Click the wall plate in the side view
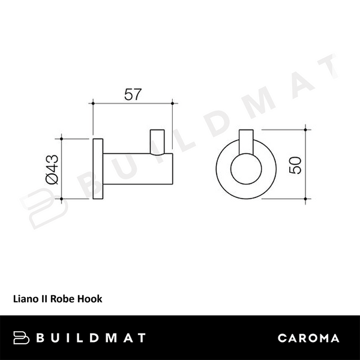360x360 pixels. pos(97,170)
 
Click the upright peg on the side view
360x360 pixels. pos(157,142)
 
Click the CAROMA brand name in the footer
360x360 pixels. pos(308,338)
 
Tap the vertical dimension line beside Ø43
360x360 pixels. pos(63,169)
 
